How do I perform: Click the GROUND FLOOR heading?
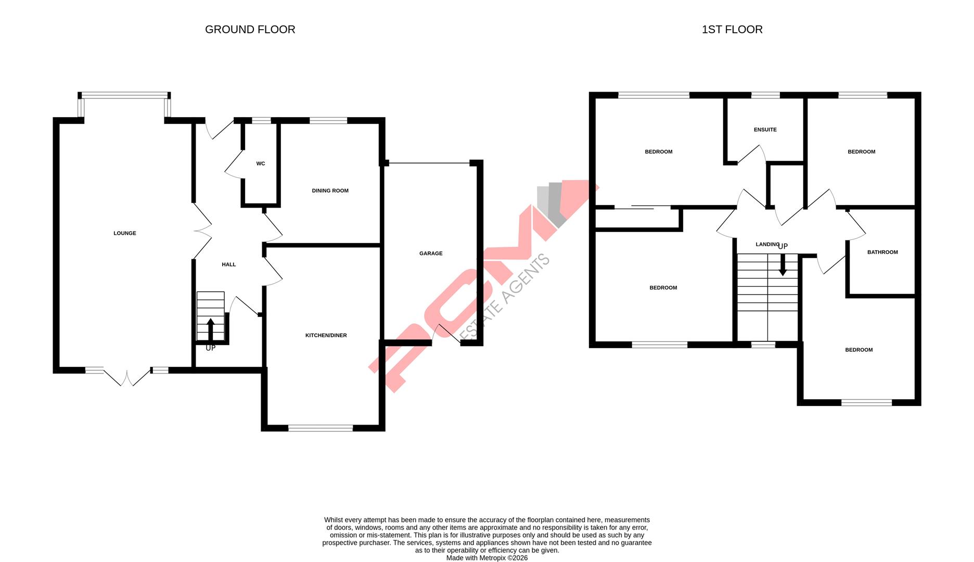point(250,30)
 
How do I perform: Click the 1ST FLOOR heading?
point(732,30)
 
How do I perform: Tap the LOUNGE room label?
point(125,233)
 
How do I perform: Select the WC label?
point(261,163)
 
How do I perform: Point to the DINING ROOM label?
point(330,190)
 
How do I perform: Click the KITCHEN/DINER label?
point(326,335)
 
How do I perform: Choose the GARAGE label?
point(431,253)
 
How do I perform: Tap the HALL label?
point(229,264)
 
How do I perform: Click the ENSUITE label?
point(765,130)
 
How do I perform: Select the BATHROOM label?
point(882,252)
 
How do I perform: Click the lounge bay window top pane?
point(124,95)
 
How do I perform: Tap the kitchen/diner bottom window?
point(321,428)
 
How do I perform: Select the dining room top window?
point(328,121)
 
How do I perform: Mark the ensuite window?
point(766,95)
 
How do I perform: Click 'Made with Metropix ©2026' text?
point(486,558)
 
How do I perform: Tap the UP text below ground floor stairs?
point(210,348)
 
